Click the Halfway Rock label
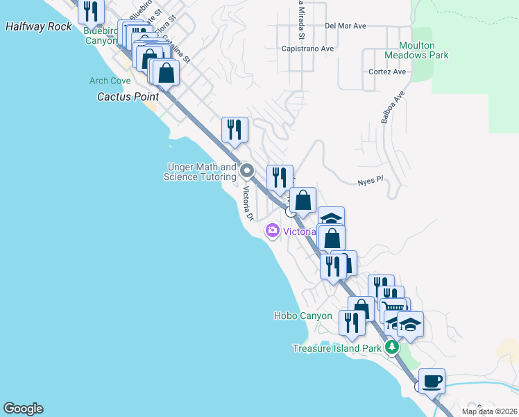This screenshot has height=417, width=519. (38, 26)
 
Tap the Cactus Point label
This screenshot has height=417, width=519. (128, 97)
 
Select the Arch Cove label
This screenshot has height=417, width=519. (110, 81)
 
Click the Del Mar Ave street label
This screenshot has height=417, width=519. (345, 26)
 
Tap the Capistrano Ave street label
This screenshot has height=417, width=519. (308, 49)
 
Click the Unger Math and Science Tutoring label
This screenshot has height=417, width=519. (200, 172)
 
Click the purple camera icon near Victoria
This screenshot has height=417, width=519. (272, 231)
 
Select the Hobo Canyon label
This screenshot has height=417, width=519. (303, 316)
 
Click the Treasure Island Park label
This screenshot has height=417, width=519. (337, 348)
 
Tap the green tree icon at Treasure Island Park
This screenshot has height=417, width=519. (392, 347)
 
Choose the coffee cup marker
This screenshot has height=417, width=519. (432, 381)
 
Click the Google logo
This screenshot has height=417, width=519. (23, 409)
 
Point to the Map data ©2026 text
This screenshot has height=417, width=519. (488, 411)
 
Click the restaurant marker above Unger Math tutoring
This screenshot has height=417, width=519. (235, 129)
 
